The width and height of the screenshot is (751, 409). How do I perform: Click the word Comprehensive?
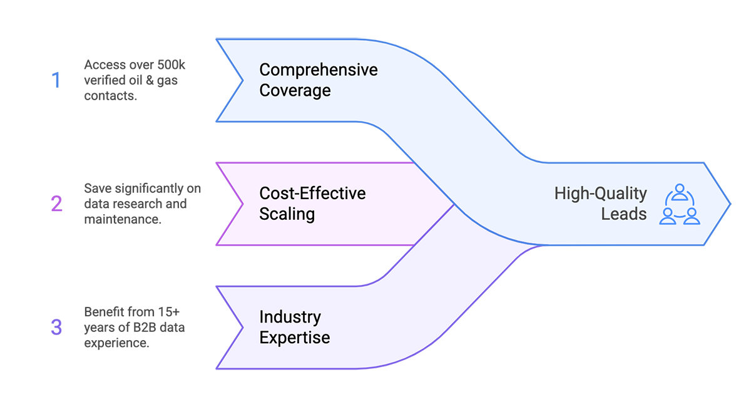point(319,70)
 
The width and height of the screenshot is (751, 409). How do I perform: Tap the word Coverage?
point(295,90)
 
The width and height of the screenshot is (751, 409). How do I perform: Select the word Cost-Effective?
point(312,193)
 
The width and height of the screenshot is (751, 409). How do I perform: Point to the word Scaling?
point(287,214)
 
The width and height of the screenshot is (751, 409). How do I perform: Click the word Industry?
point(290,317)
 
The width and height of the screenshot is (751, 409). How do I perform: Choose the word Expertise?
point(294,338)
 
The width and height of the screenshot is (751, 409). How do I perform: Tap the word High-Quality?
point(600,194)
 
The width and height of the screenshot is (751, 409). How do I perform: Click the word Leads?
point(623,214)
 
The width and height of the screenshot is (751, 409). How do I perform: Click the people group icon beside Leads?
point(680,204)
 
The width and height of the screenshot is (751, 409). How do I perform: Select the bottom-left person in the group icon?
point(668,216)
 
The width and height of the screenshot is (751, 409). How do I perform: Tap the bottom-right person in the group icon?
point(691,216)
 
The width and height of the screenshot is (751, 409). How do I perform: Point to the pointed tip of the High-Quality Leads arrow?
point(728,204)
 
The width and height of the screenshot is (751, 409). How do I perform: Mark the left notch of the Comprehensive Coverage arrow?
point(244,80)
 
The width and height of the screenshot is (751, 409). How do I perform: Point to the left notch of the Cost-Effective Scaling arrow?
point(244,204)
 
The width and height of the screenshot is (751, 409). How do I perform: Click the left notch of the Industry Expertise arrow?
point(244,327)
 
